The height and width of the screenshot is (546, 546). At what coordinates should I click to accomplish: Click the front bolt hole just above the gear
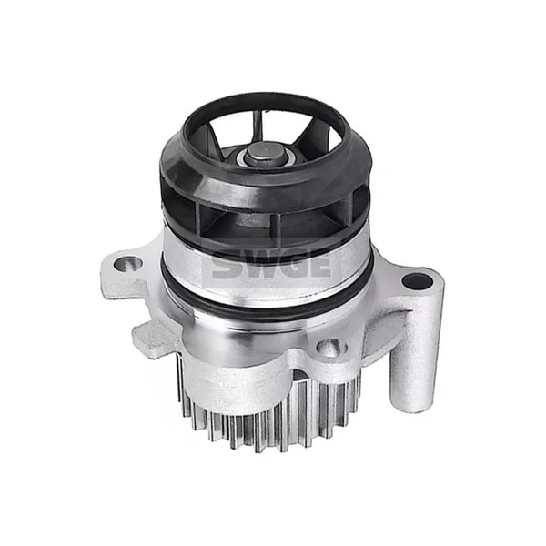point(329,347)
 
